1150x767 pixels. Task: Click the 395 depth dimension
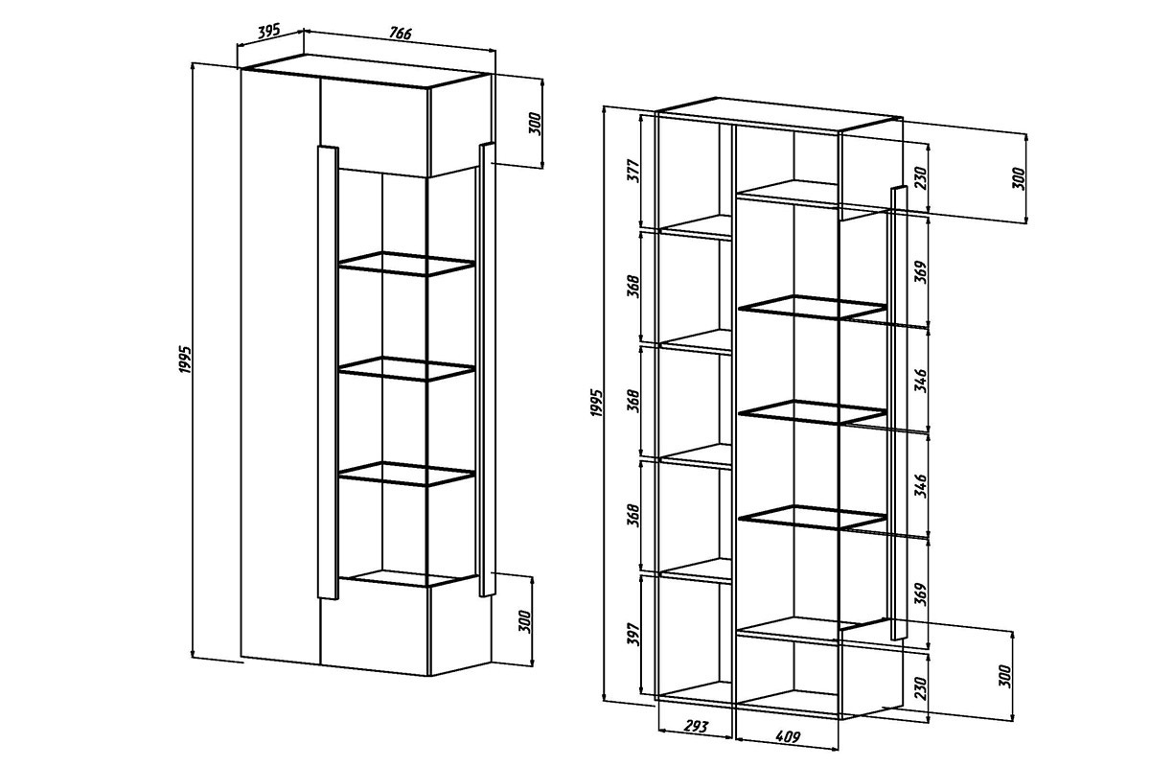[x=268, y=32]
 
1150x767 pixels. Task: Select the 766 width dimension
[x=400, y=33]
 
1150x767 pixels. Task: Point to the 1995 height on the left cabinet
[x=185, y=360]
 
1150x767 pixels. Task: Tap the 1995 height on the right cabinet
[x=596, y=403]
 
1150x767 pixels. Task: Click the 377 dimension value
[x=634, y=171]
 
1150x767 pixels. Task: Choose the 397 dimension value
[x=634, y=635]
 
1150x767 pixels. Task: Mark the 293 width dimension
[x=697, y=727]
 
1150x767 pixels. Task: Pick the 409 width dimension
[x=788, y=736]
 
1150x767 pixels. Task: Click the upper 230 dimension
[x=922, y=177]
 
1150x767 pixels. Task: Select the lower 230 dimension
[x=922, y=688]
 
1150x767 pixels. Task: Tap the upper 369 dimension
[x=922, y=272]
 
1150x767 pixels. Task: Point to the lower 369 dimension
[x=922, y=594]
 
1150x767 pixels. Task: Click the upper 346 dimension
[x=922, y=381]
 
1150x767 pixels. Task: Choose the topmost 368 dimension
[x=634, y=287]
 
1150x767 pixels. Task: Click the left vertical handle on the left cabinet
[x=328, y=372]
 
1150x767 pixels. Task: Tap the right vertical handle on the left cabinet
[x=487, y=369]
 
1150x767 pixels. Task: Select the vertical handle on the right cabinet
[x=899, y=412]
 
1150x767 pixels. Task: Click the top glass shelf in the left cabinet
[x=406, y=264]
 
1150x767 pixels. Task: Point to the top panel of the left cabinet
[x=365, y=72]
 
